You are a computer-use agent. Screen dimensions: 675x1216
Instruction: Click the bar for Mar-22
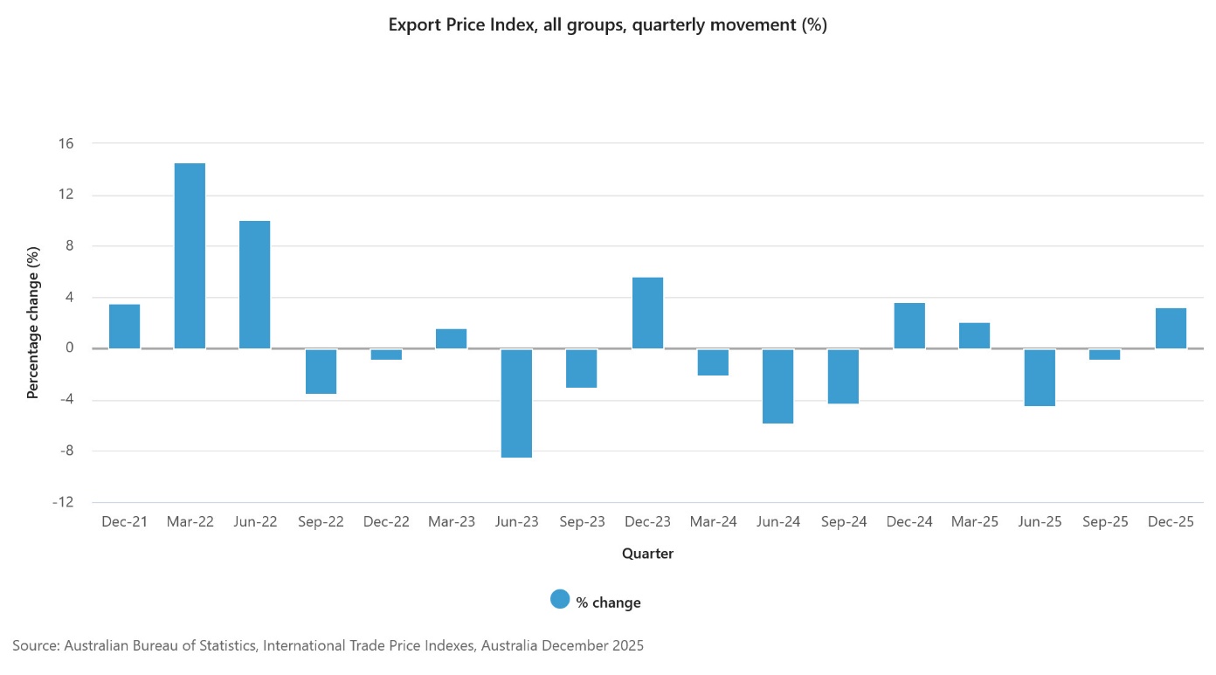(x=190, y=256)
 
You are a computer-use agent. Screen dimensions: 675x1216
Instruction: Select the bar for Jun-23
(x=516, y=403)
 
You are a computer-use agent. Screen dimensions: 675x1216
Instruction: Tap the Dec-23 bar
(x=647, y=313)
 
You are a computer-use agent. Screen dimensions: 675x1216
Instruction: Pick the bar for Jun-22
(x=255, y=285)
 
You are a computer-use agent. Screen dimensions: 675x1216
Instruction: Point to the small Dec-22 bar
(x=385, y=355)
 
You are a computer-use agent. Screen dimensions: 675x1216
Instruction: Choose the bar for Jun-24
(x=777, y=386)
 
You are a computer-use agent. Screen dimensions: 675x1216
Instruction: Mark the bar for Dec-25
(x=1171, y=328)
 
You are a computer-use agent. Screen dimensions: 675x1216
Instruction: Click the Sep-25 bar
(x=1105, y=355)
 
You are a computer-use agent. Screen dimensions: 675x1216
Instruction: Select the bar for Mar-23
(x=451, y=339)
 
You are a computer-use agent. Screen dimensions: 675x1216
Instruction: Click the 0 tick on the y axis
(x=68, y=348)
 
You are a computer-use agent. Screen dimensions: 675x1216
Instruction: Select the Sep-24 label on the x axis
(x=844, y=522)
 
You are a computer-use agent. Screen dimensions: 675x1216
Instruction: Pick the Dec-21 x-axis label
(x=124, y=522)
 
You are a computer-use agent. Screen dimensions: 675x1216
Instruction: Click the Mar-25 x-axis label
(x=975, y=522)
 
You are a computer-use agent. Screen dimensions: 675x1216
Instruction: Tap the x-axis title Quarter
(x=647, y=554)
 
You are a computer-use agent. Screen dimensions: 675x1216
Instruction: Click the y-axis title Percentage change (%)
(x=33, y=323)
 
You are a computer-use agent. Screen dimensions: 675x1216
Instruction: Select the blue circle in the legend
(x=560, y=599)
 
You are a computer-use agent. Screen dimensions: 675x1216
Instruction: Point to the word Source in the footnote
(x=36, y=646)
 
